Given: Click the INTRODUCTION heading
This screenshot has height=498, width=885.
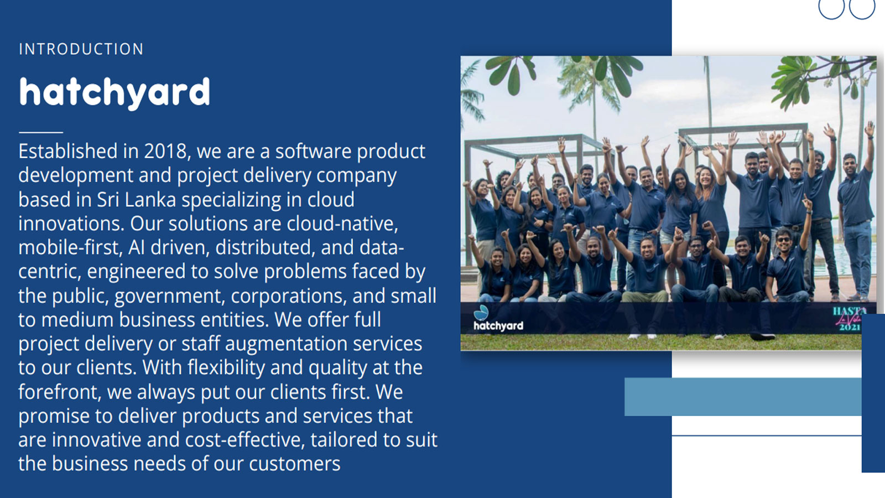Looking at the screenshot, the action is click(81, 49).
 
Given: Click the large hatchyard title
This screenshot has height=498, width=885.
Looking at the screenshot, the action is click(114, 94).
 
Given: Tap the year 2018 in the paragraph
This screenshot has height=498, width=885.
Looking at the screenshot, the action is click(165, 152).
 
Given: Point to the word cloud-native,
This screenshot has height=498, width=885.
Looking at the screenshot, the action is click(342, 224).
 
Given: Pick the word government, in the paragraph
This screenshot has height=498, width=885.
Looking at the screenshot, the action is click(169, 296).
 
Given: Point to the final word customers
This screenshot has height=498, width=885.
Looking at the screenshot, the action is click(294, 464).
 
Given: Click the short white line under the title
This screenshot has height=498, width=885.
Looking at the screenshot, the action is click(41, 132).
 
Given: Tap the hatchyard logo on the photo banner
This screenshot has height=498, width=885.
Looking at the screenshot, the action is click(498, 318).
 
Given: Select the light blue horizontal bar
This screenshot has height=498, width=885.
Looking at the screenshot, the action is click(743, 397).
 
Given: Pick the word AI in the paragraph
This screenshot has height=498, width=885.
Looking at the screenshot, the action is click(136, 247).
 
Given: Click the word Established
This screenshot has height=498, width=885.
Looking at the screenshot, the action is click(68, 152).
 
